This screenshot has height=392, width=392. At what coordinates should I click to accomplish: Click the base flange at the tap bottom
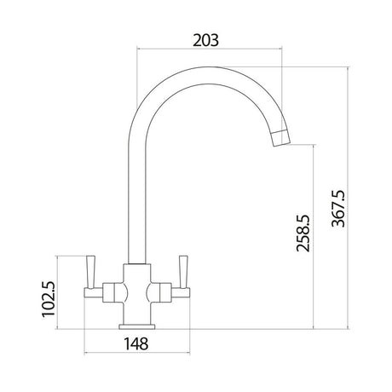[136, 326]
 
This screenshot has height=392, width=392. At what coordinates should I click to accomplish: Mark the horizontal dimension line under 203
[209, 50]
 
